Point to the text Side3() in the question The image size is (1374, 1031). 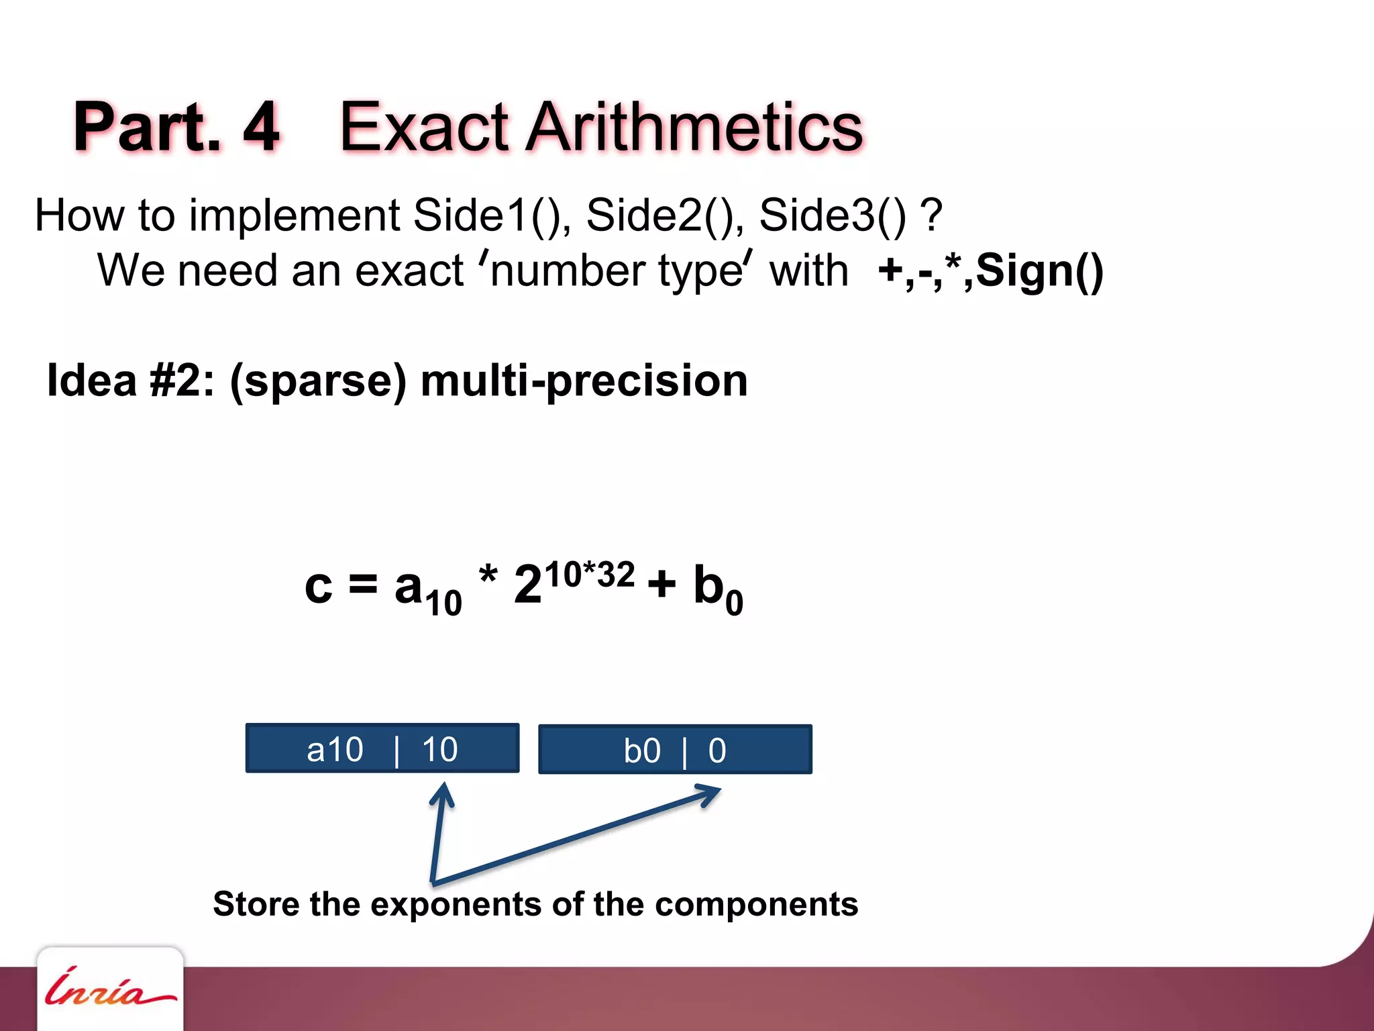(832, 216)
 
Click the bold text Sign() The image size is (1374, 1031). (1039, 272)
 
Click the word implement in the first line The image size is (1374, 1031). (295, 216)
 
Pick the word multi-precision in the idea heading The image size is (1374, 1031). (584, 381)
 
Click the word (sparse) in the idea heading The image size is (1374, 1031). (318, 381)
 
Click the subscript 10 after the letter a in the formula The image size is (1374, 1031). (444, 602)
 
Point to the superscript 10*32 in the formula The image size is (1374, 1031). (589, 575)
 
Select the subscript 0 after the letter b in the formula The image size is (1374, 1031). (734, 602)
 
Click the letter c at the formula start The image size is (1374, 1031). (318, 587)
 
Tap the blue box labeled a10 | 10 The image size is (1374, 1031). (382, 748)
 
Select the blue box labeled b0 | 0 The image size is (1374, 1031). (675, 749)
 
